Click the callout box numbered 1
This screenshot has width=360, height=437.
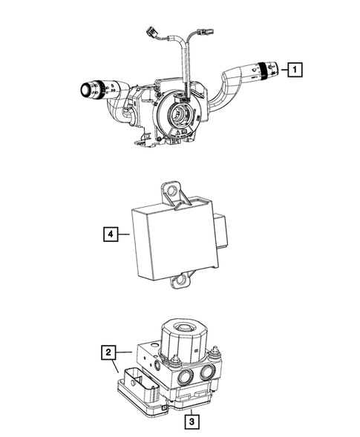point(295,70)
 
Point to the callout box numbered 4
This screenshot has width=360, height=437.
point(109,234)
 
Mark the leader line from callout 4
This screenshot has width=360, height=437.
point(122,234)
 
